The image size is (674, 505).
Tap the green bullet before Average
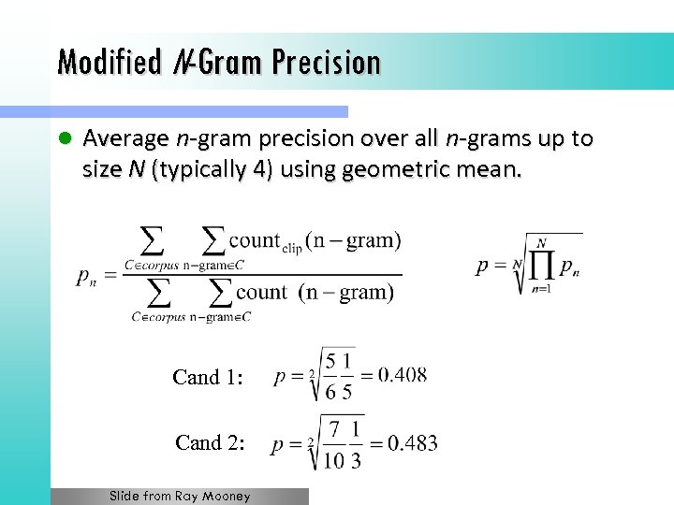tap(65, 139)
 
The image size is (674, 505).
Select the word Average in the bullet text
tap(125, 139)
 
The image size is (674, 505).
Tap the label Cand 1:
tap(208, 378)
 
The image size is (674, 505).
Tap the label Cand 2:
tap(210, 442)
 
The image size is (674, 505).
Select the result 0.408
tap(403, 375)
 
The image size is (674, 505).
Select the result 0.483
tap(413, 442)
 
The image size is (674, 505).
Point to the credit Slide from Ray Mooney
tap(180, 497)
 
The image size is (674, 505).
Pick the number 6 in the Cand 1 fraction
tap(330, 393)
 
